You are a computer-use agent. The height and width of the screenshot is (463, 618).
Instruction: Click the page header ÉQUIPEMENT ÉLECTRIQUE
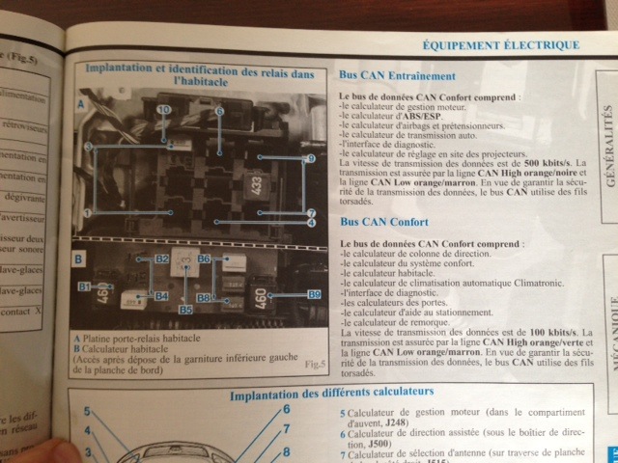(501, 44)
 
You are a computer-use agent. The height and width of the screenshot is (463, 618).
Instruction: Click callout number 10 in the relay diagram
(163, 111)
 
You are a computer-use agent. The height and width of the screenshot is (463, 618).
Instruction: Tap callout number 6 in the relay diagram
(220, 111)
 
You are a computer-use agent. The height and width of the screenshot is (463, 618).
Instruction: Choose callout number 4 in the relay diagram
(312, 223)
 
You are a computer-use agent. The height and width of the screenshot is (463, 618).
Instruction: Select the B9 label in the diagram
(314, 293)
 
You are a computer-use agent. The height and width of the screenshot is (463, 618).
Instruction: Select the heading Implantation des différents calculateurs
(331, 394)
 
